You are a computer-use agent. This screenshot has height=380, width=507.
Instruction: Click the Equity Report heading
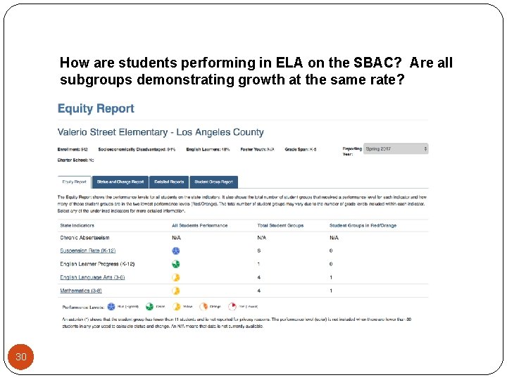pyautogui.click(x=96, y=108)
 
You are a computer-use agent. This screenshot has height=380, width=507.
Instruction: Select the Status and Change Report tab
pyautogui.click(x=120, y=182)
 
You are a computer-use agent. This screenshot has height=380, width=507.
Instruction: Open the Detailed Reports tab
pyautogui.click(x=169, y=182)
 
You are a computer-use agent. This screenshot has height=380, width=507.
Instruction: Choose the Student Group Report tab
pyautogui.click(x=213, y=182)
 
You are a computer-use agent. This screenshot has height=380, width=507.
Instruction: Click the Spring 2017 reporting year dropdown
pyautogui.click(x=396, y=149)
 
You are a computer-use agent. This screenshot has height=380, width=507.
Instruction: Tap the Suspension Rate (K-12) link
pyautogui.click(x=88, y=251)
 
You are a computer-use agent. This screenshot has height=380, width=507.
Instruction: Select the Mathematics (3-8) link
pyautogui.click(x=81, y=290)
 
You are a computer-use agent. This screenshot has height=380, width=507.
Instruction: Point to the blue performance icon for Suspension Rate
pyautogui.click(x=176, y=251)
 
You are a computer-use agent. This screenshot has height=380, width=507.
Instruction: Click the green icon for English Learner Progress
pyautogui.click(x=176, y=264)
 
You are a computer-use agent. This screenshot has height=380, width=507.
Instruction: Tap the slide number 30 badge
pyautogui.click(x=21, y=357)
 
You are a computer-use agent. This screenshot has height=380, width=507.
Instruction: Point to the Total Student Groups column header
pyautogui.click(x=280, y=225)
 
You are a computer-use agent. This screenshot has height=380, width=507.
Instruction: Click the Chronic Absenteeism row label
pyautogui.click(x=84, y=238)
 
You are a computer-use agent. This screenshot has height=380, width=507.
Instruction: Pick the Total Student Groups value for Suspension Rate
pyautogui.click(x=259, y=251)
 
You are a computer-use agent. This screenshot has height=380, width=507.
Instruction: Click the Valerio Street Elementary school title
pyautogui.click(x=161, y=132)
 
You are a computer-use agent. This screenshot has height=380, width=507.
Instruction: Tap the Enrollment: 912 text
pyautogui.click(x=73, y=149)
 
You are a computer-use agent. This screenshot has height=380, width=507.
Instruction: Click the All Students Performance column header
pyautogui.click(x=199, y=225)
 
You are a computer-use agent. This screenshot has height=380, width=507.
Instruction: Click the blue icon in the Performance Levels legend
pyautogui.click(x=111, y=307)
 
